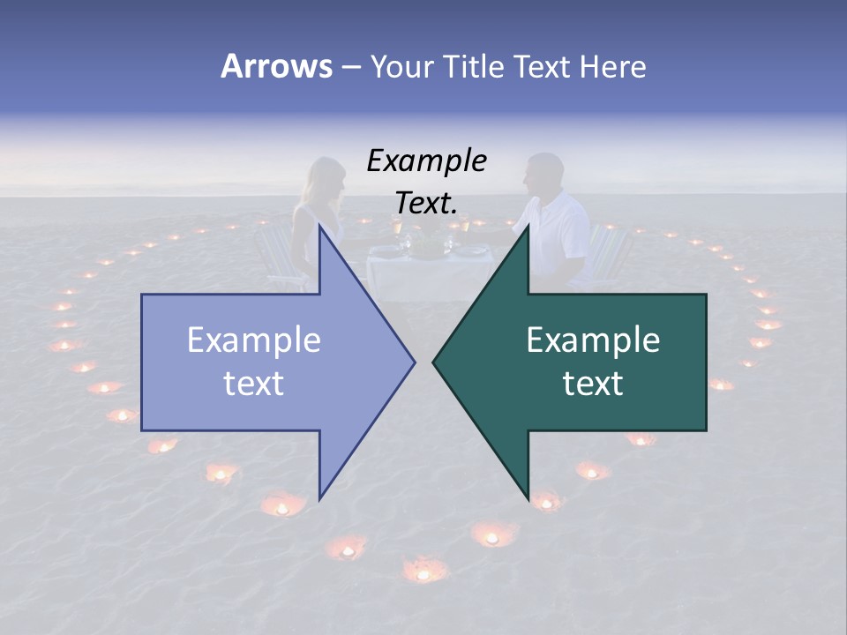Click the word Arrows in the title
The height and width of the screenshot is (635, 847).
point(276,66)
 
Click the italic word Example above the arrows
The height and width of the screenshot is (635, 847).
point(427,161)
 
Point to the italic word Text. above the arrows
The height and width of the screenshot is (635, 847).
point(427,203)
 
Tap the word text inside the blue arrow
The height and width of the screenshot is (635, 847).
point(254,384)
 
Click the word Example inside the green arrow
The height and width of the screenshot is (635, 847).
point(593,340)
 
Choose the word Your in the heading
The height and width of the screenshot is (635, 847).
point(401,66)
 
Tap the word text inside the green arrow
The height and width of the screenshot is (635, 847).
point(593,384)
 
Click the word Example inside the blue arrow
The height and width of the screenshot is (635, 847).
point(254,340)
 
